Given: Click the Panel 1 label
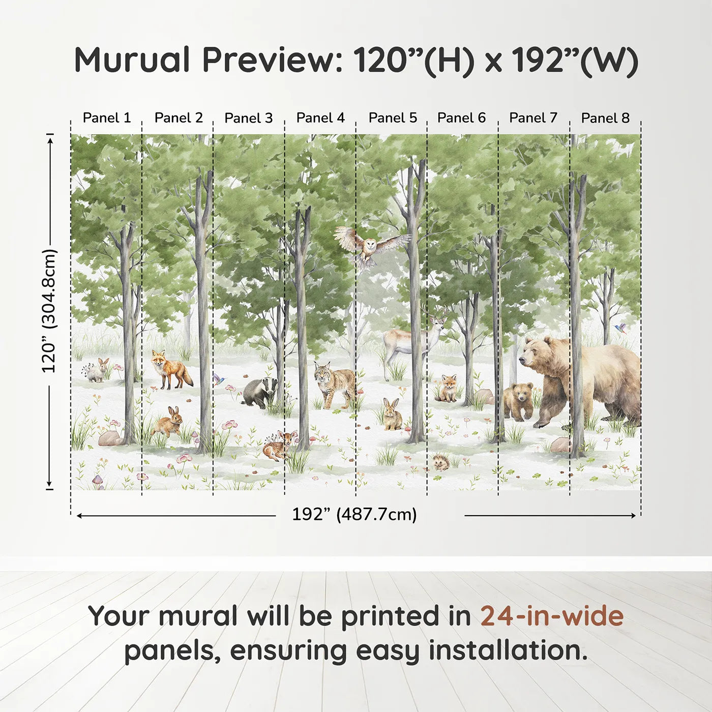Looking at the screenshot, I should pyautogui.click(x=107, y=118).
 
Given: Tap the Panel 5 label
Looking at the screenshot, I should pyautogui.click(x=393, y=118).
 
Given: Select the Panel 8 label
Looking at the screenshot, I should pyautogui.click(x=605, y=118).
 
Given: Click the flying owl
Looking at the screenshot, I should pyautogui.click(x=371, y=247).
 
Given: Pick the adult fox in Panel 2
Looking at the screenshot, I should pyautogui.click(x=170, y=369).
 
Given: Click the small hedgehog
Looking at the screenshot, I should pyautogui.click(x=440, y=462).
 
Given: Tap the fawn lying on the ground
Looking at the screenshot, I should pyautogui.click(x=277, y=446).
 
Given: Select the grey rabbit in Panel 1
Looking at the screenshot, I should pyautogui.click(x=97, y=371).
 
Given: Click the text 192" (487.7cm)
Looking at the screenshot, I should pyautogui.click(x=354, y=514).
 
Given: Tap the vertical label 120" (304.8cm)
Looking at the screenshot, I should pyautogui.click(x=49, y=311).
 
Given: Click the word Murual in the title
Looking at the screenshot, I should pyautogui.click(x=132, y=60).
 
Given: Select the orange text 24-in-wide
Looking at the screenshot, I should pyautogui.click(x=552, y=616).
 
